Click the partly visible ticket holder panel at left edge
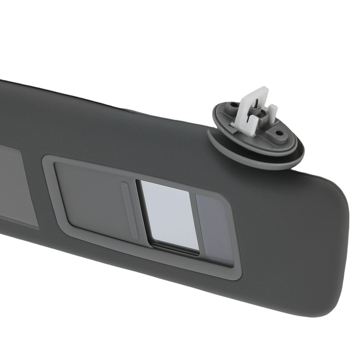tap(16, 187)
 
